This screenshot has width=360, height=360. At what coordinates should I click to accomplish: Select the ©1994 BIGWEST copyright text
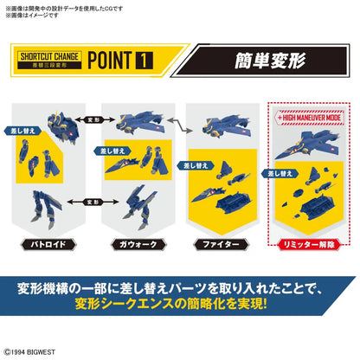click(x=35, y=352)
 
